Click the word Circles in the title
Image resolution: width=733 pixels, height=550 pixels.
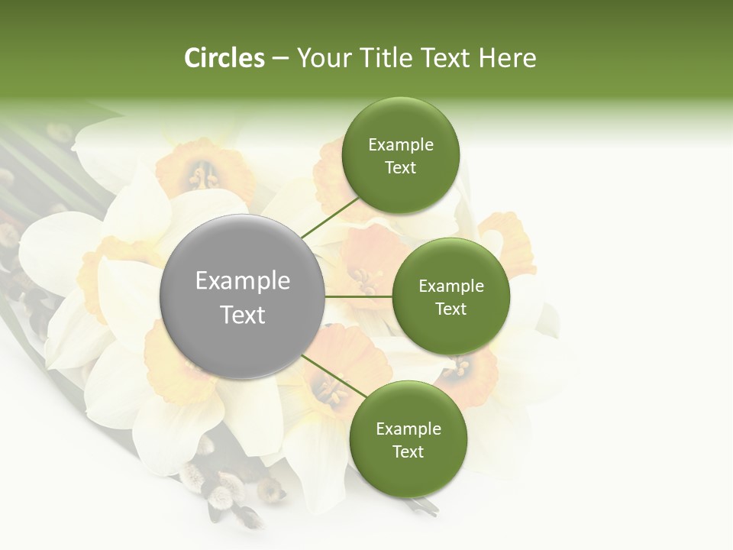(x=224, y=58)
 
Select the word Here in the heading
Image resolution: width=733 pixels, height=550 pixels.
(x=507, y=58)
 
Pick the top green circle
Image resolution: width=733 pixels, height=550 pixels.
(x=400, y=155)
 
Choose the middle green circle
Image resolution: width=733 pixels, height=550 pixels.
(x=450, y=296)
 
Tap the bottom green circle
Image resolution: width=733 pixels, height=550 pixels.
(x=408, y=439)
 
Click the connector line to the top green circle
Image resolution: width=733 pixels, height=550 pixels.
(x=330, y=217)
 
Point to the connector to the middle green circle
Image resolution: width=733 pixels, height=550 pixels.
(x=359, y=296)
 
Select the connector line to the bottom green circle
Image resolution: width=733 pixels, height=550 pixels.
(x=334, y=376)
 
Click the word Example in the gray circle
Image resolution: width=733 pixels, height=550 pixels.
(x=243, y=281)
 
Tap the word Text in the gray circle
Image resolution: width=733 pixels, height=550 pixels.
(x=243, y=314)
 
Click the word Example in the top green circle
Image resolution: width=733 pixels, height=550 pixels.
(x=400, y=144)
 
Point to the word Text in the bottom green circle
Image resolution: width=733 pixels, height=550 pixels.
(x=408, y=451)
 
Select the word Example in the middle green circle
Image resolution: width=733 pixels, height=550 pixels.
(x=450, y=286)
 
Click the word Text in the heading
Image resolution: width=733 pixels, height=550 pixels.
(x=445, y=58)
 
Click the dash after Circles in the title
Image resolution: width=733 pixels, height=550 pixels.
(x=279, y=59)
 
